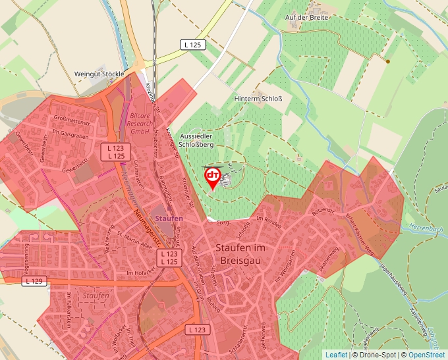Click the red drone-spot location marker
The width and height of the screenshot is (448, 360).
click(213, 176)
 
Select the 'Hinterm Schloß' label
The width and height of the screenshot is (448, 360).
click(258, 99)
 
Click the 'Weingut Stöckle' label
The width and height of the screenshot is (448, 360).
click(99, 74)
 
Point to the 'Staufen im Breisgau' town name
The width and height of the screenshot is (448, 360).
click(240, 253)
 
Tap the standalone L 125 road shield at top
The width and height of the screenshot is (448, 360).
click(193, 45)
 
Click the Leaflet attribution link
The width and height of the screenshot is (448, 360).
click(336, 355)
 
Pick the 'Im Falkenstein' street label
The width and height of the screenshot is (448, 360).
click(67, 310)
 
